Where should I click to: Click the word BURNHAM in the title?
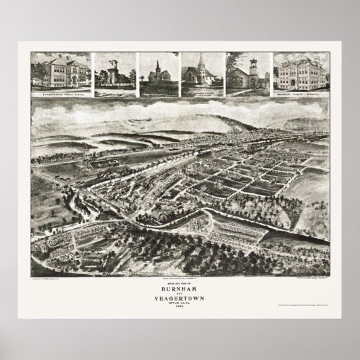(179, 288)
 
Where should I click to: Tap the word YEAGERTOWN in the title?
(179, 297)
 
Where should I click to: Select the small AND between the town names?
(179, 293)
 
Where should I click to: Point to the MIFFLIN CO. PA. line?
(179, 302)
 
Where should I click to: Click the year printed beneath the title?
(179, 306)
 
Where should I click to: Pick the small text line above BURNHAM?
(179, 283)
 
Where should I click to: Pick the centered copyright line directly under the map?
(179, 277)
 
